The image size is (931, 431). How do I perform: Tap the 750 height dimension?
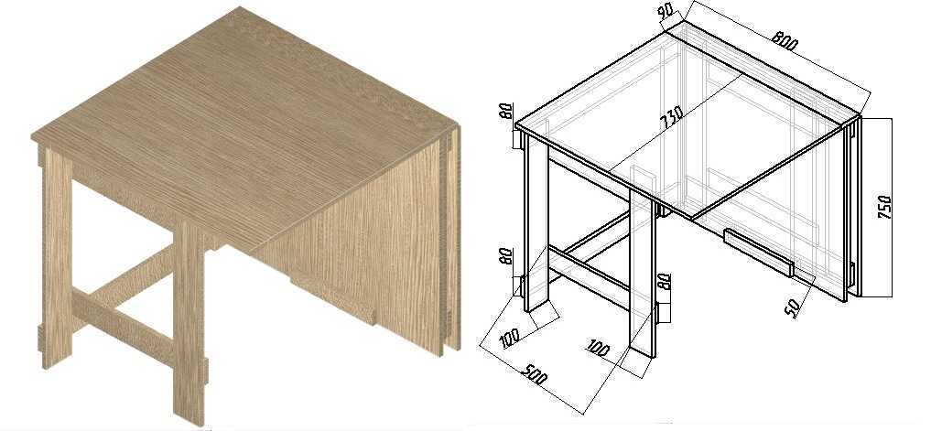coord(884,206)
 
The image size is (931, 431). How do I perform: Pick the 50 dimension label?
coord(794,307)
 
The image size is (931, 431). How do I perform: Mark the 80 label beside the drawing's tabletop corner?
coord(506,111)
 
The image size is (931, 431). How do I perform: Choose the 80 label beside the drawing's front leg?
coord(664,283)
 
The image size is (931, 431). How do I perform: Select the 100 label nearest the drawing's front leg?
coord(597,349)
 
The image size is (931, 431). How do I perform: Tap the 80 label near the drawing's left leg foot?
coord(506,256)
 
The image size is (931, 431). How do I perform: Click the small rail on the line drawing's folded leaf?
coord(758,253)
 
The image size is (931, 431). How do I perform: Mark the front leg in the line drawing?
coord(643,274)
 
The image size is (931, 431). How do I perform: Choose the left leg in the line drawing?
coord(536,222)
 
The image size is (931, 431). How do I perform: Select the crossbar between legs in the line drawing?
coord(589,278)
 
